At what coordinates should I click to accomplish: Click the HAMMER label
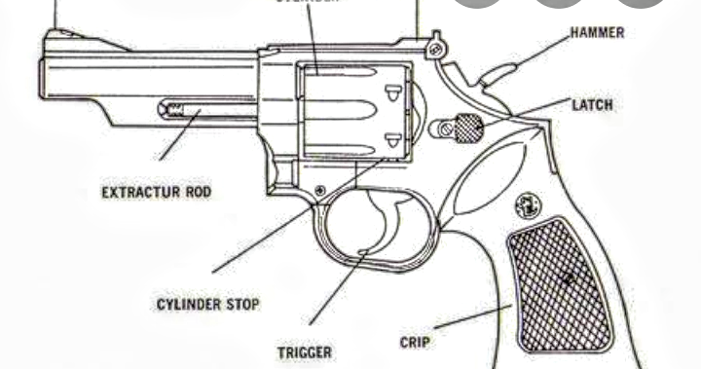[x=597, y=33]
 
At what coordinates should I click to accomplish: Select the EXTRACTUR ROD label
[x=156, y=192]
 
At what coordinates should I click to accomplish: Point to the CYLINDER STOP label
[x=208, y=305]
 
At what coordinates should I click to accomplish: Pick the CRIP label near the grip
[x=417, y=342]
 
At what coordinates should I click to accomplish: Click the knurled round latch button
[x=469, y=128]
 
